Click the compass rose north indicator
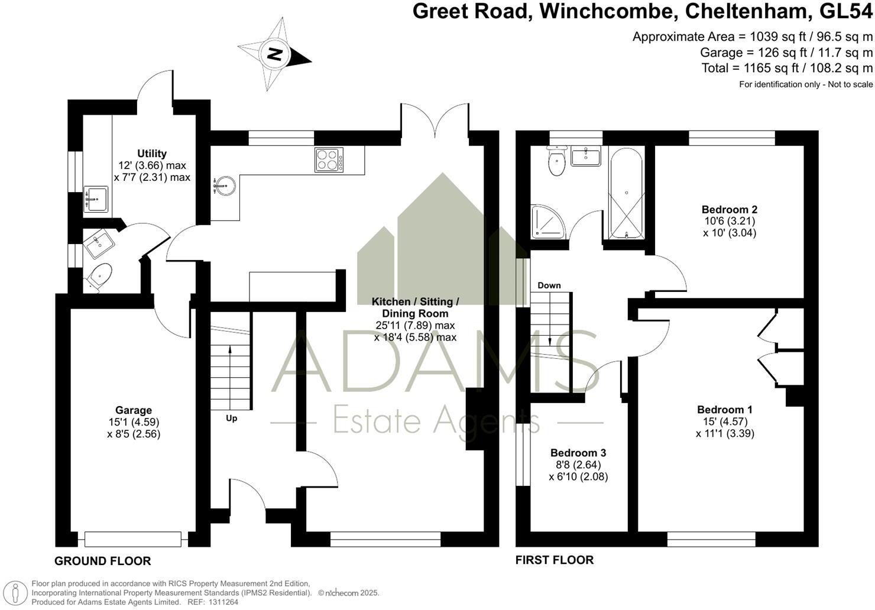point(274,55)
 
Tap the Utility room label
point(152,154)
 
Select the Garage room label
point(134,410)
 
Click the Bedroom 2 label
point(730,209)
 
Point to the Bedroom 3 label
point(578,453)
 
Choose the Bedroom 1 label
point(725,410)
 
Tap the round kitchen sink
point(224,186)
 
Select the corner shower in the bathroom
point(547,222)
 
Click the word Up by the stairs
point(231,418)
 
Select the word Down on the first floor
point(549,285)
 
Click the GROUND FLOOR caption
point(103,561)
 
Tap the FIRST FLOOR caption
point(555,560)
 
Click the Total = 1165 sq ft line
point(787,68)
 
